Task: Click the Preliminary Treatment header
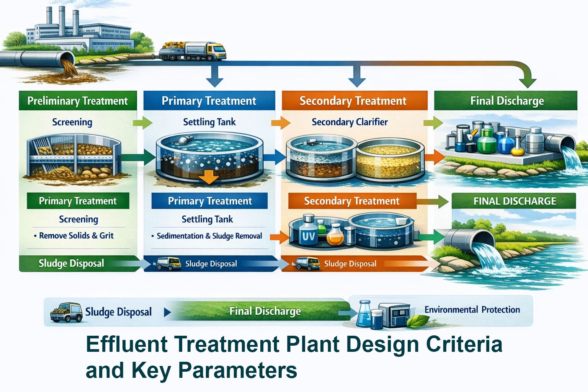click(x=78, y=101)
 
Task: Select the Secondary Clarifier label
click(x=350, y=122)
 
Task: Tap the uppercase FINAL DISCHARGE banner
click(x=514, y=201)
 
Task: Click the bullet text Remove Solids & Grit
click(x=76, y=236)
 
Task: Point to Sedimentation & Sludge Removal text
click(x=209, y=236)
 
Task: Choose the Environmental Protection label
click(x=472, y=310)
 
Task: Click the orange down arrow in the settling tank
click(x=209, y=177)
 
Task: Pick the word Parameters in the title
click(x=237, y=370)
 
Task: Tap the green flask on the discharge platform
click(x=487, y=142)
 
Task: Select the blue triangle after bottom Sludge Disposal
click(x=167, y=312)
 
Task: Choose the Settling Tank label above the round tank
click(x=209, y=122)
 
